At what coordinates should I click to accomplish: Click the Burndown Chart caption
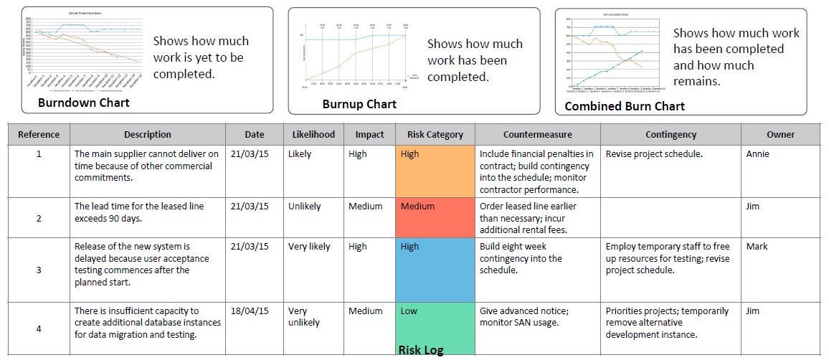84,103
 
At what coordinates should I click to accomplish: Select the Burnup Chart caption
359,104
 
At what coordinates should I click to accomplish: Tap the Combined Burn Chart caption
625,106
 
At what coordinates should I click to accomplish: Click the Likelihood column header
313,134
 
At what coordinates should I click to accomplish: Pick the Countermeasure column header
537,134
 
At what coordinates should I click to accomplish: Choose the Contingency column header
671,134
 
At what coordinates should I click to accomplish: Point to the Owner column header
780,134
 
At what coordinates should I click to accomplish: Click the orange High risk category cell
435,171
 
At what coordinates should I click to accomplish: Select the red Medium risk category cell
435,218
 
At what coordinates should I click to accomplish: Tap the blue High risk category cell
435,270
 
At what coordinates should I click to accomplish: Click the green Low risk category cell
435,323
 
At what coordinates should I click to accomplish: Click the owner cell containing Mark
757,247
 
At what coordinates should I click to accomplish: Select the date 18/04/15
250,311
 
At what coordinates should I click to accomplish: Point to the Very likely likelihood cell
309,247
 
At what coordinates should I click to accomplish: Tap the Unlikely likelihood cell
305,207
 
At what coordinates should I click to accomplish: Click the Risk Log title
421,350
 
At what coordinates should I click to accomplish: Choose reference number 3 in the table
39,270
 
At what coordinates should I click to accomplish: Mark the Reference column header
39,134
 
